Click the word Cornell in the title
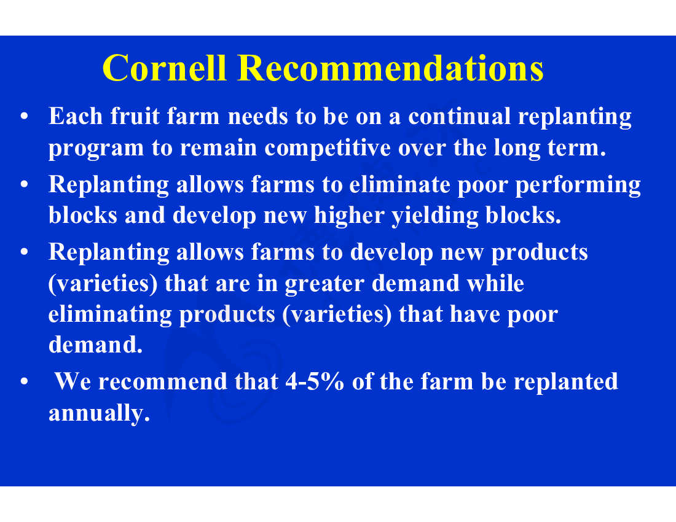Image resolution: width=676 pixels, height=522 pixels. (165, 68)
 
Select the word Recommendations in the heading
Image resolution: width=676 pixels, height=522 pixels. (391, 68)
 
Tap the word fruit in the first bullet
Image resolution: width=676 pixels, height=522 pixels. (135, 116)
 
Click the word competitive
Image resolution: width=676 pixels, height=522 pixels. (327, 149)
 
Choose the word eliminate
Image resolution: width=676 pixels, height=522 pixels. (399, 184)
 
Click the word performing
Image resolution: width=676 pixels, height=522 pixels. (578, 185)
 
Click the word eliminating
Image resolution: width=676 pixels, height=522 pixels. (110, 315)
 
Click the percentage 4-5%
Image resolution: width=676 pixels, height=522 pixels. (315, 381)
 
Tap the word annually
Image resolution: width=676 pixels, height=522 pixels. (99, 413)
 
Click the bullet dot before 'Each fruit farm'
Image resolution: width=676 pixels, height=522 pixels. (24, 116)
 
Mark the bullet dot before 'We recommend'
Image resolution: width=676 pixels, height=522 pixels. (24, 381)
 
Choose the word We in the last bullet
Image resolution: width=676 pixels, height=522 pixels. (73, 381)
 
